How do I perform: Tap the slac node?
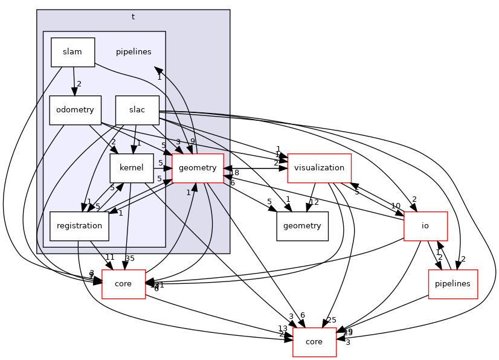137,111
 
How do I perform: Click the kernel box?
131,169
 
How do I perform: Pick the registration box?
79,226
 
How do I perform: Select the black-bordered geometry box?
303,226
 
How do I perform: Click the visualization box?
320,169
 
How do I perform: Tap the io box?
425,226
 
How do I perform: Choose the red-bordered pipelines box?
453,283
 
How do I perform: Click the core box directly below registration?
123,283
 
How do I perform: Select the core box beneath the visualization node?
314,341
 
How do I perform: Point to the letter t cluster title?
133,16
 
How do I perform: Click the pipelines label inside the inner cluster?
134,51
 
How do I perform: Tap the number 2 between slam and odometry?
79,84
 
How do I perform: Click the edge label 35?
130,258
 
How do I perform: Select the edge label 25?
330,319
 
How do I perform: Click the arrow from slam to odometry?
73,82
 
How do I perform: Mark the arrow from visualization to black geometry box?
311,198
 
